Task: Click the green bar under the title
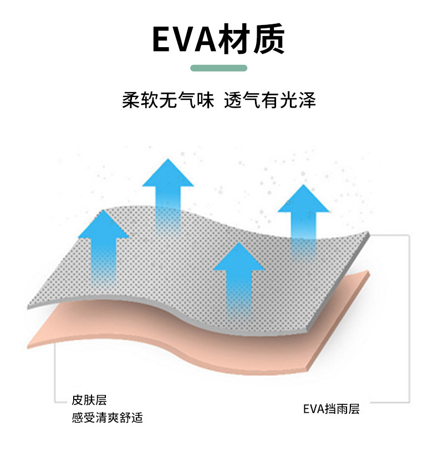click(x=218, y=68)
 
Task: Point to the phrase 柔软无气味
click(x=167, y=100)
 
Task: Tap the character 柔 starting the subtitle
click(x=131, y=100)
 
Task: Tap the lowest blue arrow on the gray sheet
click(x=239, y=277)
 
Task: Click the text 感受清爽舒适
click(x=107, y=417)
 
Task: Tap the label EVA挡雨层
click(x=331, y=410)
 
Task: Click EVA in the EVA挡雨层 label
click(x=313, y=410)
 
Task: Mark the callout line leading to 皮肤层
click(x=55, y=377)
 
